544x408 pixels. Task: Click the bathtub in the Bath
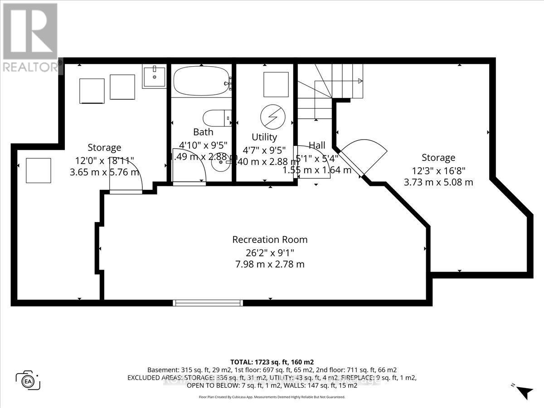[x=202, y=82]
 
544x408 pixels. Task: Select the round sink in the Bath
[x=221, y=161]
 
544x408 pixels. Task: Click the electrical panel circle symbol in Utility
[x=272, y=117]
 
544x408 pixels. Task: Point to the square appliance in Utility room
[x=276, y=84]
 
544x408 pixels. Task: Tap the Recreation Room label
[x=270, y=239]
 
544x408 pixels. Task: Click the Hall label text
[x=317, y=145]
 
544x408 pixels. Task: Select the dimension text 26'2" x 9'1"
[x=270, y=252]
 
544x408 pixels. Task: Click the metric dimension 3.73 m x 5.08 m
[x=438, y=182]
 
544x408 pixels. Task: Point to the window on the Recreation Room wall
[x=207, y=302]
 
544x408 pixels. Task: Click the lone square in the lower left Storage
[x=38, y=170]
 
